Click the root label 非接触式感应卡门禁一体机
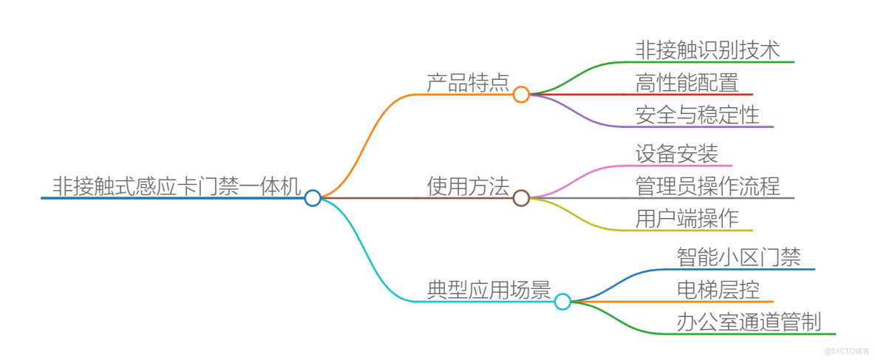pos(176,186)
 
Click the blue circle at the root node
pos(313,198)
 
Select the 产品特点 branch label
pos(468,83)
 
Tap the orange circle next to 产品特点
pos(521,95)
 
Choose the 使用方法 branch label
pos(468,186)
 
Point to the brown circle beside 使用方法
pos(521,198)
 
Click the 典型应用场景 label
pos(488,290)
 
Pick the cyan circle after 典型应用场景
pos(562,302)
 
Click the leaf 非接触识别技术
pos(707,50)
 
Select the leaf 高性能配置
pos(687,82)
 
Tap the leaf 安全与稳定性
pos(697,115)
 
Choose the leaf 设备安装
pos(676,154)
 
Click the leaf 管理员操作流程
pos(707,186)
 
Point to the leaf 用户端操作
pos(687,218)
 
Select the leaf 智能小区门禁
pos(738,257)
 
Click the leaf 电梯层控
pos(718,289)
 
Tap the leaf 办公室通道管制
pos(749,322)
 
